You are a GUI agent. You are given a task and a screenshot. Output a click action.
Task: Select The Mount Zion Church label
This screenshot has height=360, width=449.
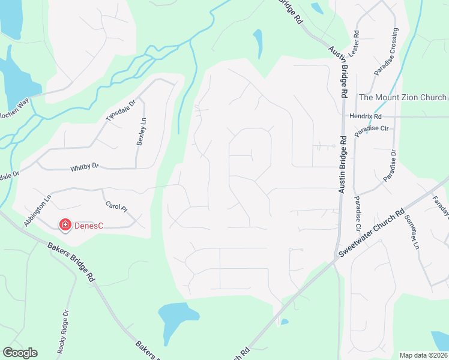pyautogui.click(x=402, y=97)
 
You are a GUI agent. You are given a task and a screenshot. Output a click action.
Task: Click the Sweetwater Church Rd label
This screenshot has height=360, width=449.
pyautogui.click(x=370, y=234)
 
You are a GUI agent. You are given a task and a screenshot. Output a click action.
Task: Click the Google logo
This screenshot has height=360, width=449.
pyautogui.click(x=20, y=353)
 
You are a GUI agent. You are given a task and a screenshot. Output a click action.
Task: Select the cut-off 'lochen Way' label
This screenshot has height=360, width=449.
pyautogui.click(x=14, y=103)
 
